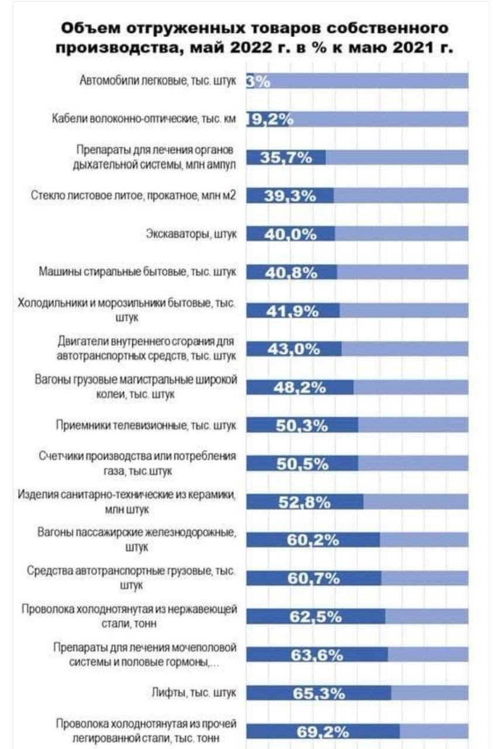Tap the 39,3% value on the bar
(x=290, y=197)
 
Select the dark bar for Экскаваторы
(x=290, y=234)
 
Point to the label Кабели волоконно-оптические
(x=143, y=119)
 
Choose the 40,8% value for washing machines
(x=291, y=273)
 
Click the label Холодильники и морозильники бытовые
(x=128, y=310)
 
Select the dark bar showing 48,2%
(x=300, y=387)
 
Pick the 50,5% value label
(x=301, y=463)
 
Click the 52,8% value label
(x=304, y=502)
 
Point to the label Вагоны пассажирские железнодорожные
(x=137, y=540)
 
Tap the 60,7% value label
(x=313, y=579)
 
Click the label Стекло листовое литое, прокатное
(x=134, y=196)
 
